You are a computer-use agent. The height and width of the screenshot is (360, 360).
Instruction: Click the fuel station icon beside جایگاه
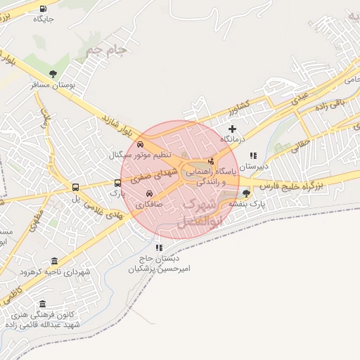(x=44, y=9)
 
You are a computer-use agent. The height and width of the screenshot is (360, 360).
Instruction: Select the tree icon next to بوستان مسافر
(x=53, y=74)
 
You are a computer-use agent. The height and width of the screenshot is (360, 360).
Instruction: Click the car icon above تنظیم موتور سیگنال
(x=141, y=144)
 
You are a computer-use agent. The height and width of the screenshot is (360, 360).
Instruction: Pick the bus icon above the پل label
(x=75, y=187)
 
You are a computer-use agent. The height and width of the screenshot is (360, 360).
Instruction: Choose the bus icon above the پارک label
(x=118, y=183)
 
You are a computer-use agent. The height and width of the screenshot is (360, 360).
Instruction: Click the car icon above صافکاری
(x=149, y=193)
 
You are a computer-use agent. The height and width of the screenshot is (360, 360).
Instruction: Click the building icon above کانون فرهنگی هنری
(x=43, y=304)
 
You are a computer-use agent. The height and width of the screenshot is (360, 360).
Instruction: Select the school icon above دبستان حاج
(x=159, y=247)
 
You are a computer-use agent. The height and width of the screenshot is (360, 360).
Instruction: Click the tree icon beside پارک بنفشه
(x=246, y=193)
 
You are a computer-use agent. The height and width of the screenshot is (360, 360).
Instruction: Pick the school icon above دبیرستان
(x=253, y=155)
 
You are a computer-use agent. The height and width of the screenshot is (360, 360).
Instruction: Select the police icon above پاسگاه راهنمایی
(x=211, y=161)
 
